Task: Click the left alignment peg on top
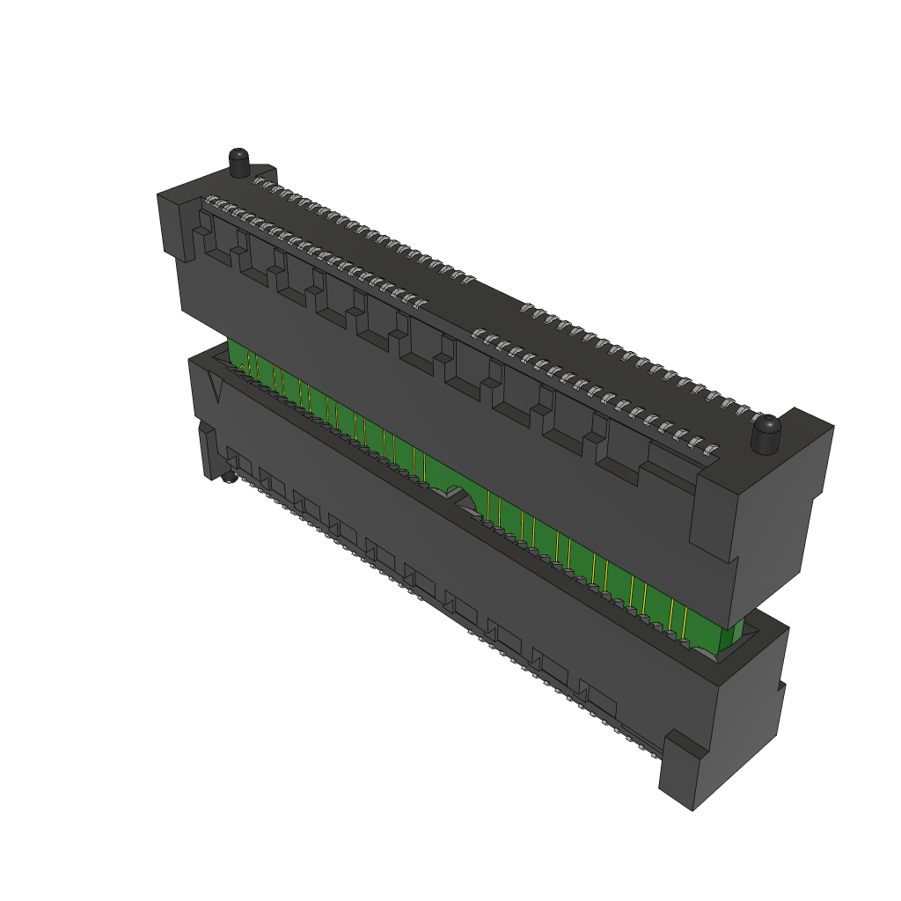click(239, 163)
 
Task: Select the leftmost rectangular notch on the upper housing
click(216, 245)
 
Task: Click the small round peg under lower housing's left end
click(228, 478)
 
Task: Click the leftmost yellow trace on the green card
click(250, 361)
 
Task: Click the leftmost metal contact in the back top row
click(258, 180)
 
